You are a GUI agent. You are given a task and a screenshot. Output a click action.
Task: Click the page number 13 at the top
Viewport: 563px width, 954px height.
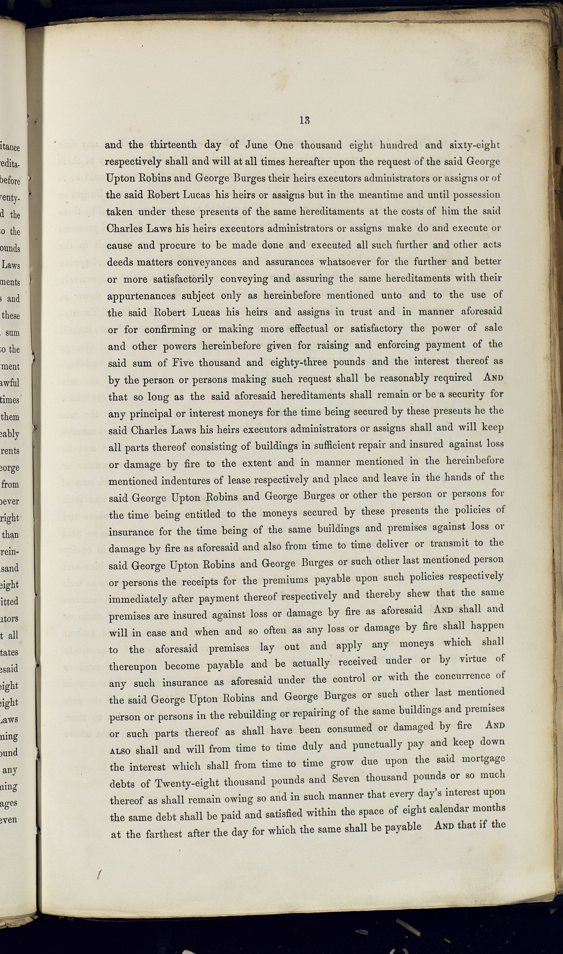(304, 120)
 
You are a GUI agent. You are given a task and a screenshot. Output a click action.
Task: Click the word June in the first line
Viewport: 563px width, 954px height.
(257, 145)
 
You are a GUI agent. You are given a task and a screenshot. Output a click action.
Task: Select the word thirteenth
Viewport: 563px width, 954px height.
(173, 145)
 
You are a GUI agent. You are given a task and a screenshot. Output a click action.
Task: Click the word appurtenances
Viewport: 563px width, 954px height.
(141, 296)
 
